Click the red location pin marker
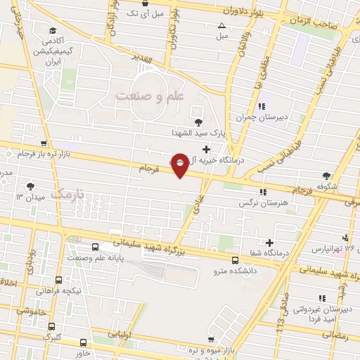point(180,164)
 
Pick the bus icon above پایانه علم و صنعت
point(96,247)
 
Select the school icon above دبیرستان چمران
point(262,106)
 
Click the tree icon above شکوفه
point(326,176)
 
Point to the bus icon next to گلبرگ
point(51,326)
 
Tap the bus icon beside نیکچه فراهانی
point(58,279)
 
